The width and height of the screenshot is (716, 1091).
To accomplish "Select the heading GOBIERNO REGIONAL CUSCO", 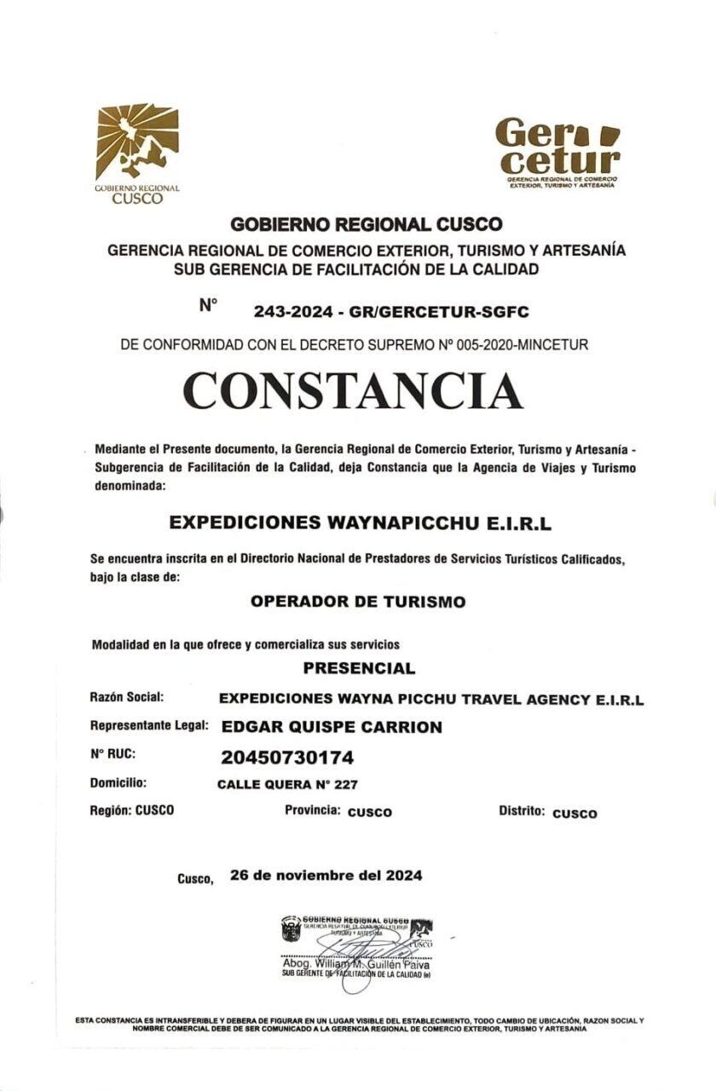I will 367,225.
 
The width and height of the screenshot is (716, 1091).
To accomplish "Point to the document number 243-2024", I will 290,313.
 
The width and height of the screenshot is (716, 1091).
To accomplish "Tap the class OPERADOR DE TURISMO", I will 358,602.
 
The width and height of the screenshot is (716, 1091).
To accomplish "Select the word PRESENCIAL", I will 359,668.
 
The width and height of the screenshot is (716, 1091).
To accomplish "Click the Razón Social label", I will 126,697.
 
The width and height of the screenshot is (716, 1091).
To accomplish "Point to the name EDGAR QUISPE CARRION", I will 332,727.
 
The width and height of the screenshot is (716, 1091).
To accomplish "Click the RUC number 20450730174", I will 286,757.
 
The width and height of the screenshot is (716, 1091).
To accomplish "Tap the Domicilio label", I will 118,782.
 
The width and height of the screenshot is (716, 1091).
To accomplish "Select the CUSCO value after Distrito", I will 575,813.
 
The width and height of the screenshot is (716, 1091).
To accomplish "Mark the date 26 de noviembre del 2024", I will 326,875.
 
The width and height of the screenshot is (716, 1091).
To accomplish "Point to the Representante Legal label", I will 149,726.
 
